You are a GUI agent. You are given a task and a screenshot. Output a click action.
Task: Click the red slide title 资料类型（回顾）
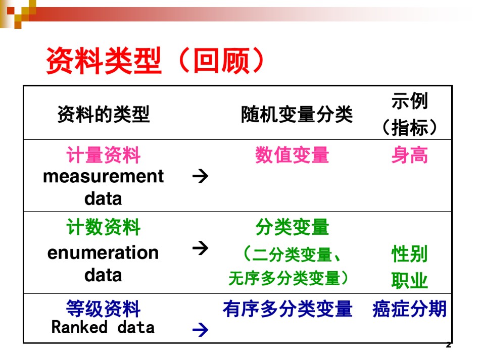pos(155,60)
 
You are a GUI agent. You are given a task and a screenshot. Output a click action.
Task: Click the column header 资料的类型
pos(104,114)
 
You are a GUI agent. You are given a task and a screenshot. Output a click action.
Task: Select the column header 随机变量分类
pos(297,115)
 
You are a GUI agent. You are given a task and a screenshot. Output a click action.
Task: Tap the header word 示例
pos(410,100)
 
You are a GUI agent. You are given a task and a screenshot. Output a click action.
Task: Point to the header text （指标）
pos(410,127)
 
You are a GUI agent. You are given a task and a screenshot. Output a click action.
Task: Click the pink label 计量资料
pos(104,155)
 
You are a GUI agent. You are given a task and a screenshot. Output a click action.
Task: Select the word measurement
pos(104,177)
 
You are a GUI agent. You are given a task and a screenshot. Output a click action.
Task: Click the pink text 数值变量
pos(292,155)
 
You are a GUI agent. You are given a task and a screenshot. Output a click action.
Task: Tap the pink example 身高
pos(410,155)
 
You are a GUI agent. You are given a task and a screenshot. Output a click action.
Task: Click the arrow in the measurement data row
pos(201,176)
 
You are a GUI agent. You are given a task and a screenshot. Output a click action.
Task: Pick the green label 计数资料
pos(104,227)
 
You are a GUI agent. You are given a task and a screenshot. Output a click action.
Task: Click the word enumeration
pos(103,253)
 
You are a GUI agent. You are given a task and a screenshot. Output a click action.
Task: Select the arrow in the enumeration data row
pos(201,248)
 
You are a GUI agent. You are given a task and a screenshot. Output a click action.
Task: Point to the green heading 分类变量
pos(292,227)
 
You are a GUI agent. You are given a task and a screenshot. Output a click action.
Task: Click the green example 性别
pos(410,254)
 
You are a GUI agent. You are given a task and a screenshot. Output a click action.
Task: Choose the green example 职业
pos(410,280)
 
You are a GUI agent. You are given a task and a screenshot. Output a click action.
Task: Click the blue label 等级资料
pos(104,308)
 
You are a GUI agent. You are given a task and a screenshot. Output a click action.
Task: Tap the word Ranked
pos(80,327)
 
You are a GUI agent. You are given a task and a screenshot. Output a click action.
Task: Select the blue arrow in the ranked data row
pos(201,330)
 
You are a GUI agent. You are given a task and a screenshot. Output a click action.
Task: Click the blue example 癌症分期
pos(410,308)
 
